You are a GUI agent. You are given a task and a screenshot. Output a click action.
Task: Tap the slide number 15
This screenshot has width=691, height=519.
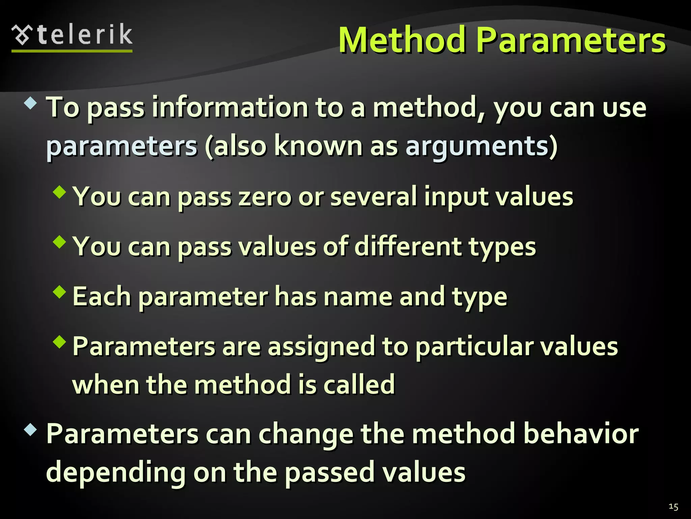tap(673, 506)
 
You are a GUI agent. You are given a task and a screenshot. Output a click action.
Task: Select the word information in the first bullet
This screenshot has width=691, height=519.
tap(230, 107)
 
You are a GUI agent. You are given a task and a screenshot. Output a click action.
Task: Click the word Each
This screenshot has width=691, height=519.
tap(102, 296)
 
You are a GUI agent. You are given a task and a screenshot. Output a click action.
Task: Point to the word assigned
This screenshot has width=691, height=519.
tap(321, 347)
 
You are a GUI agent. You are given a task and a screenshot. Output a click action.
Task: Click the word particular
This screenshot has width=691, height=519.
tap(474, 347)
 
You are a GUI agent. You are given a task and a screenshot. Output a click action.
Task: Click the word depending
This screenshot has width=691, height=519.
tap(116, 473)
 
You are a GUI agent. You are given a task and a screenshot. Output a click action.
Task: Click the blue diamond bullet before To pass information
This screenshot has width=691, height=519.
tap(31, 103)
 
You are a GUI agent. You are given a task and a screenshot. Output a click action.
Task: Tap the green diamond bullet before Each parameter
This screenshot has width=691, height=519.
tap(60, 292)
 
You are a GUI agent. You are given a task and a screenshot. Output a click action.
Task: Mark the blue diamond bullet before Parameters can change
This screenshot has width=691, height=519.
tap(31, 430)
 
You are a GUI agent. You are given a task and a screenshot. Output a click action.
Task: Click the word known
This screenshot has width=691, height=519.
tap(318, 146)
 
